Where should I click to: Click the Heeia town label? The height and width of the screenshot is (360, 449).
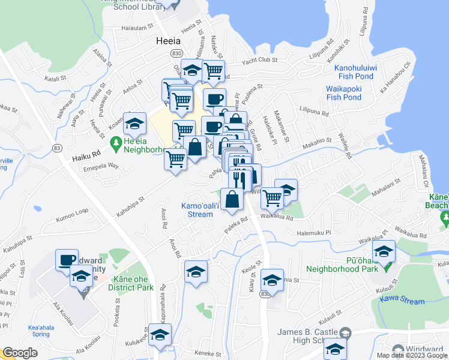[167, 42]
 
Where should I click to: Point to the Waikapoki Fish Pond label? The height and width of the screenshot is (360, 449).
[343, 93]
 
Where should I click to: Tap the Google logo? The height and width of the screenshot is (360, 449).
[20, 353]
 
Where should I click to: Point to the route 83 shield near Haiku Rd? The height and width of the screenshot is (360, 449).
[57, 148]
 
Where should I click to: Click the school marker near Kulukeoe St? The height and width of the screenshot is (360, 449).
[160, 335]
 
